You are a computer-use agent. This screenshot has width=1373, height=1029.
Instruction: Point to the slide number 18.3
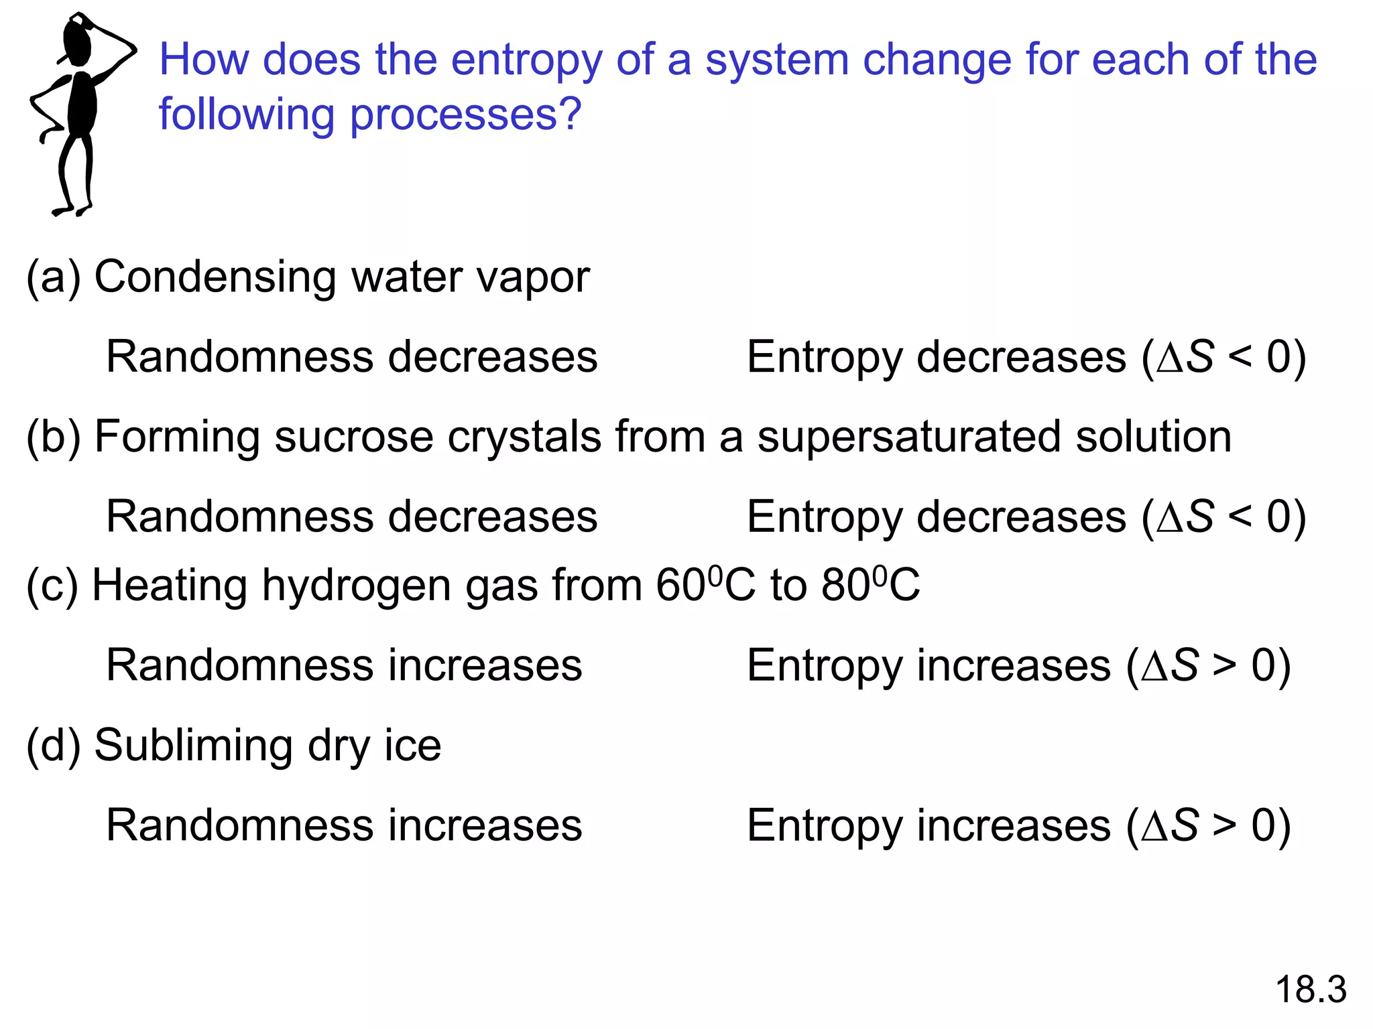[1311, 989]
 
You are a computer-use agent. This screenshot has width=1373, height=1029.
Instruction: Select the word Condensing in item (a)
[215, 277]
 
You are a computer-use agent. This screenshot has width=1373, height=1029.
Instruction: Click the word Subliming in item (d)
[193, 746]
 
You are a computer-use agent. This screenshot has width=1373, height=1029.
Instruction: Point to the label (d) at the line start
[53, 746]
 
